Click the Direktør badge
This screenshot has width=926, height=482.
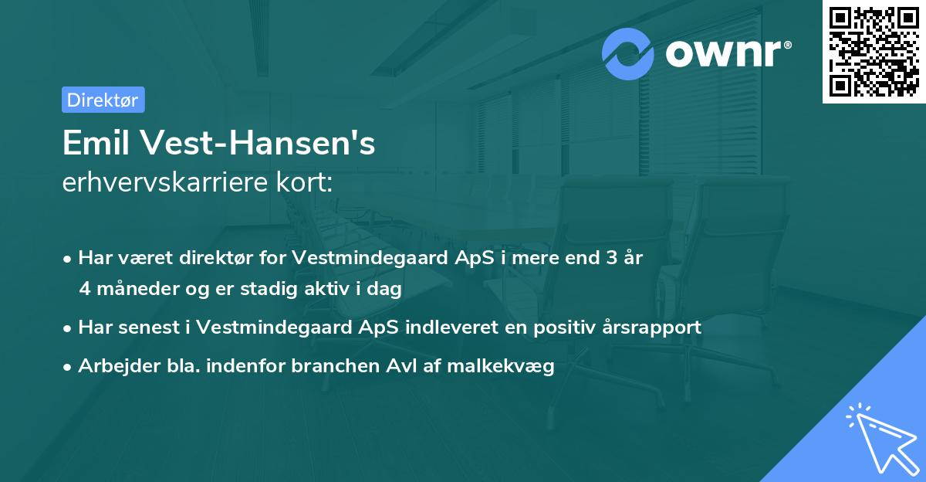pos(103,100)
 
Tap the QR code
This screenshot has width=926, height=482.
pos(874,52)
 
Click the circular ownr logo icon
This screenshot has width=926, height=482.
pos(628,53)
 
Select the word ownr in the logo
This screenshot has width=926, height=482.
pos(721,53)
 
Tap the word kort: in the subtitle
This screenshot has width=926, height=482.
pos(308,184)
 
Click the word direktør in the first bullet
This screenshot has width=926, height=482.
pos(221,258)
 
